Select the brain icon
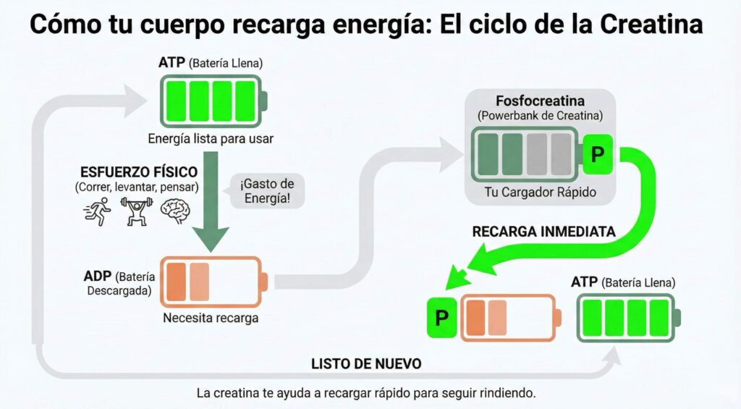pyautogui.click(x=174, y=211)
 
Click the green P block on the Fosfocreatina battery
pyautogui.click(x=597, y=154)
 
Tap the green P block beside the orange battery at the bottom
pyautogui.click(x=441, y=318)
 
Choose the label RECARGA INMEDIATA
pyautogui.click(x=543, y=232)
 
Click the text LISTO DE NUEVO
pyautogui.click(x=366, y=363)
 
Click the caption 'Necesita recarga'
pyautogui.click(x=211, y=317)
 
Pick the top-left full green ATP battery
pyautogui.click(x=211, y=101)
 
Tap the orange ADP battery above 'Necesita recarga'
pyautogui.click(x=213, y=282)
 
